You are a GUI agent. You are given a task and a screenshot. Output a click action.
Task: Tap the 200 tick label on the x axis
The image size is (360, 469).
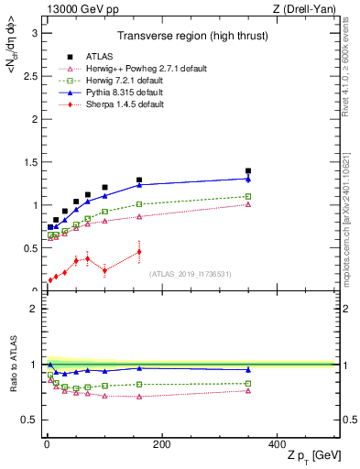pyautogui.click(x=161, y=444)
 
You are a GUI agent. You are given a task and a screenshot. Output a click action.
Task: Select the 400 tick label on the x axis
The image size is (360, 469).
pyautogui.click(x=277, y=444)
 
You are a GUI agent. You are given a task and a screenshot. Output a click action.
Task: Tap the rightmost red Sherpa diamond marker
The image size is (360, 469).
pyautogui.click(x=139, y=251)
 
